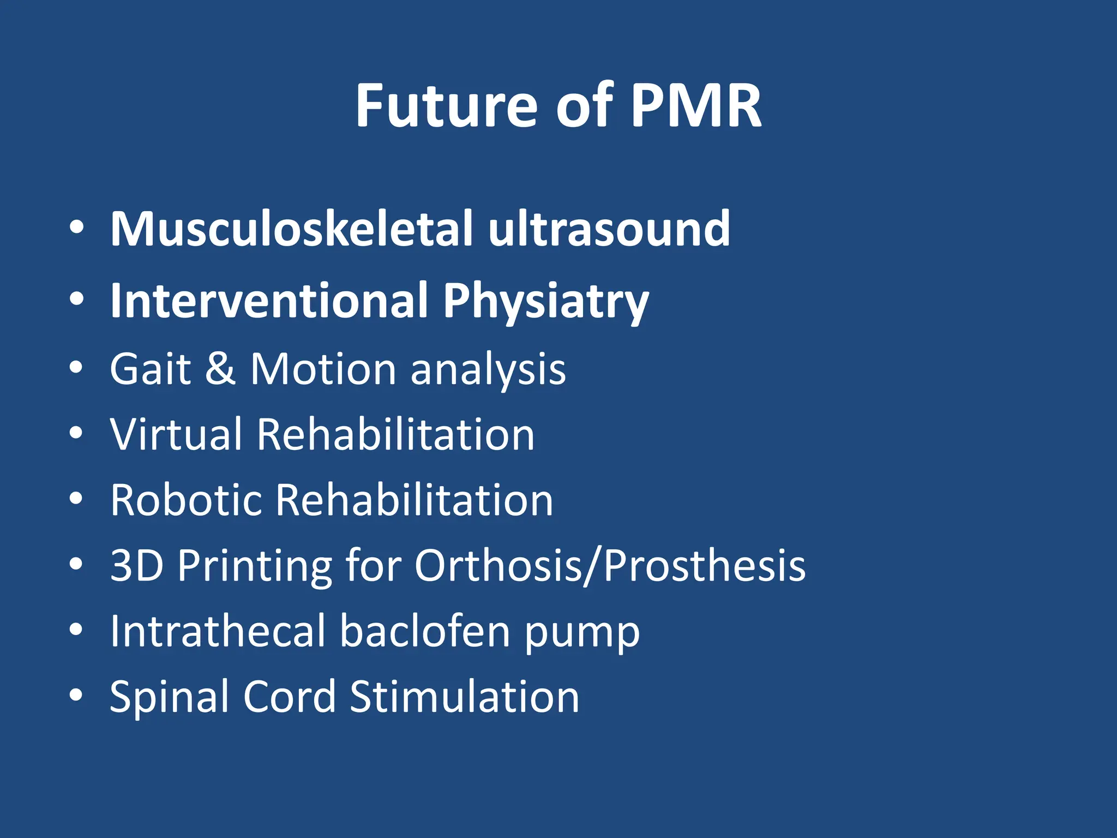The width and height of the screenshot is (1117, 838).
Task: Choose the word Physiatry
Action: tap(545, 302)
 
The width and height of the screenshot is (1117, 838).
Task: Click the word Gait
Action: tap(150, 369)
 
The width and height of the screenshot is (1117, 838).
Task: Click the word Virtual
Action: tap(176, 434)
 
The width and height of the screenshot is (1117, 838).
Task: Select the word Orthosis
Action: tap(497, 566)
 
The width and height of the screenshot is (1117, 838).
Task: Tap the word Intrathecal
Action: tap(218, 631)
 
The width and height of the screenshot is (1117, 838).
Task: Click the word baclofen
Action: tap(425, 631)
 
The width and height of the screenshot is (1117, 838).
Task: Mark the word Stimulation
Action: tap(464, 697)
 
